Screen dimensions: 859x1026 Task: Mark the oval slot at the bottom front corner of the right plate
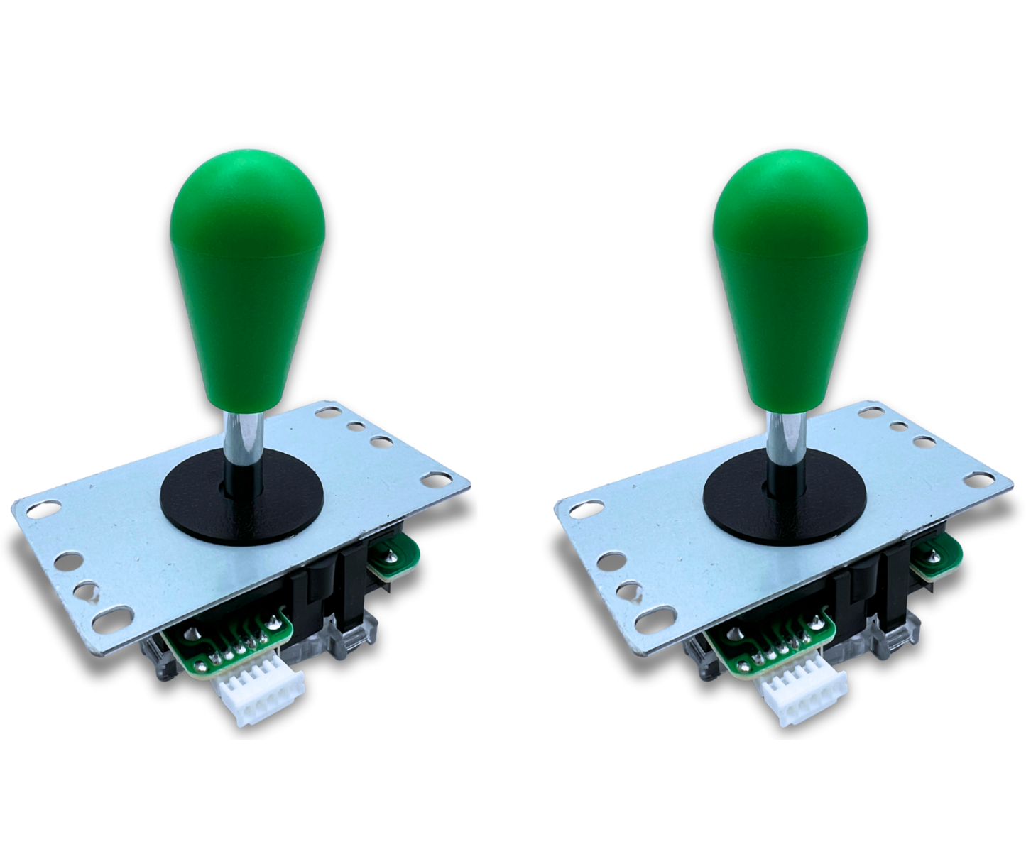(652, 623)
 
